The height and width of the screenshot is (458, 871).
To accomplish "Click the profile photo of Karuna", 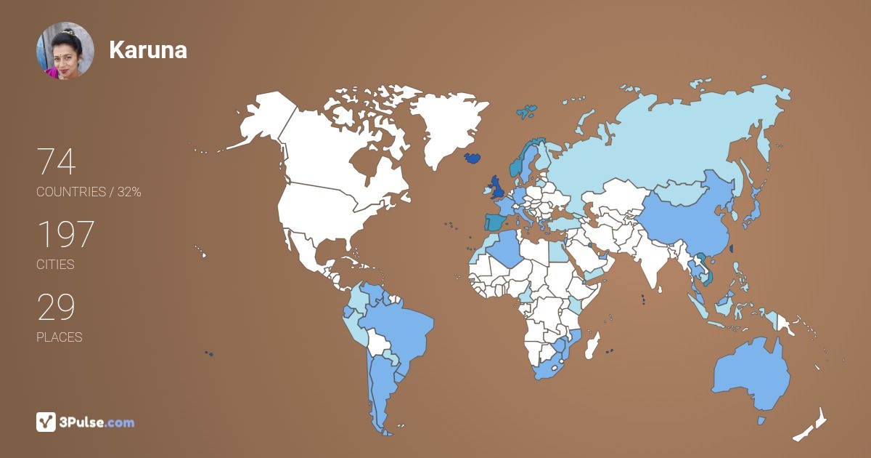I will pos(65,50).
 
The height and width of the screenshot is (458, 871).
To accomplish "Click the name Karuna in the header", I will pos(148,50).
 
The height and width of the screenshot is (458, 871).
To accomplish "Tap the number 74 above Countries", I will pos(56,162).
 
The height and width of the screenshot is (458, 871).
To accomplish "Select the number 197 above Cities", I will pos(65,235).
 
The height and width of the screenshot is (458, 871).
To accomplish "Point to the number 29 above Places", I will pos(56,308).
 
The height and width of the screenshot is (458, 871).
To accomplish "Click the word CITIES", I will pos(55,265).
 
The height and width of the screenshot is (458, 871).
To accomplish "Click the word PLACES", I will pos(60,337).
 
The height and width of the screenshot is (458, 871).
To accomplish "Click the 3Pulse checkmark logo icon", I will pos(46,422).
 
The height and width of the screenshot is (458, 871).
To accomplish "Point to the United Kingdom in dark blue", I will pos(498,187).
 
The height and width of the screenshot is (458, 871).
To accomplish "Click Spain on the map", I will pos(496,221).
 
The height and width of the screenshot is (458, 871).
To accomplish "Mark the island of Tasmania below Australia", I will pos(761,420).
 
